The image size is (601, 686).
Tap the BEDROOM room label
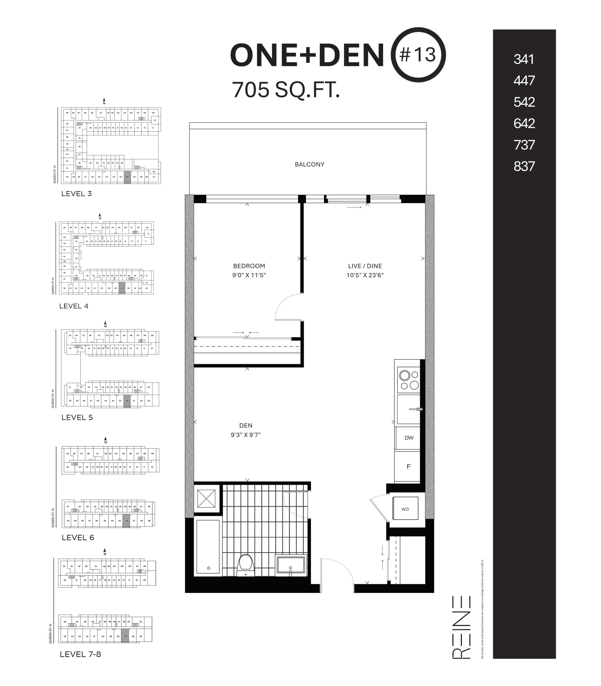pos(249,266)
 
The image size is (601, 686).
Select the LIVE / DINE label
pos(365,266)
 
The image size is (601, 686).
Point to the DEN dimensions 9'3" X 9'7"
pos(245,435)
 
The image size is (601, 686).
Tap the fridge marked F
pos(408,466)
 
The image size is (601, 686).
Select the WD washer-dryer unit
pos(405,509)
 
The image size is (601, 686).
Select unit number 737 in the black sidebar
pos(524,145)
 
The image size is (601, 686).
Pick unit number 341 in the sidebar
pos(523,59)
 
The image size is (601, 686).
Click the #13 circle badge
pos(418,55)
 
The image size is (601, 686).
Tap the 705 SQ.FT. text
pos(286,90)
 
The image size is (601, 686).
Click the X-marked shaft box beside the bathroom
pos(206,498)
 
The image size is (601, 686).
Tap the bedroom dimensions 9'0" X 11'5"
pos(249,275)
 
